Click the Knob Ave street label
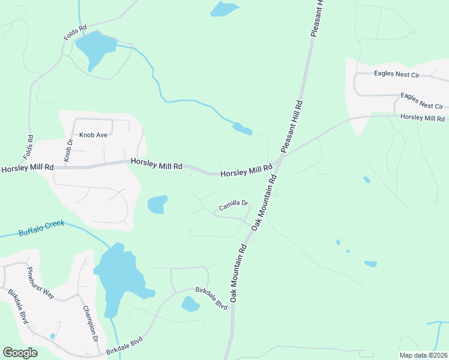point(93,135)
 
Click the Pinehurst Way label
point(40,281)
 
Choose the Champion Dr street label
point(91,324)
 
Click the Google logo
point(20,353)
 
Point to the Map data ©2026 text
point(423,355)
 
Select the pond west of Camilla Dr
point(157,205)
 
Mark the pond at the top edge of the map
point(224,8)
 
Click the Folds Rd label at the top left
point(76,32)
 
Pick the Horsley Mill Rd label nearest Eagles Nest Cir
point(422,118)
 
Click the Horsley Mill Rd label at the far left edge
point(28,169)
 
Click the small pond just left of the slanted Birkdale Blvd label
point(190,304)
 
